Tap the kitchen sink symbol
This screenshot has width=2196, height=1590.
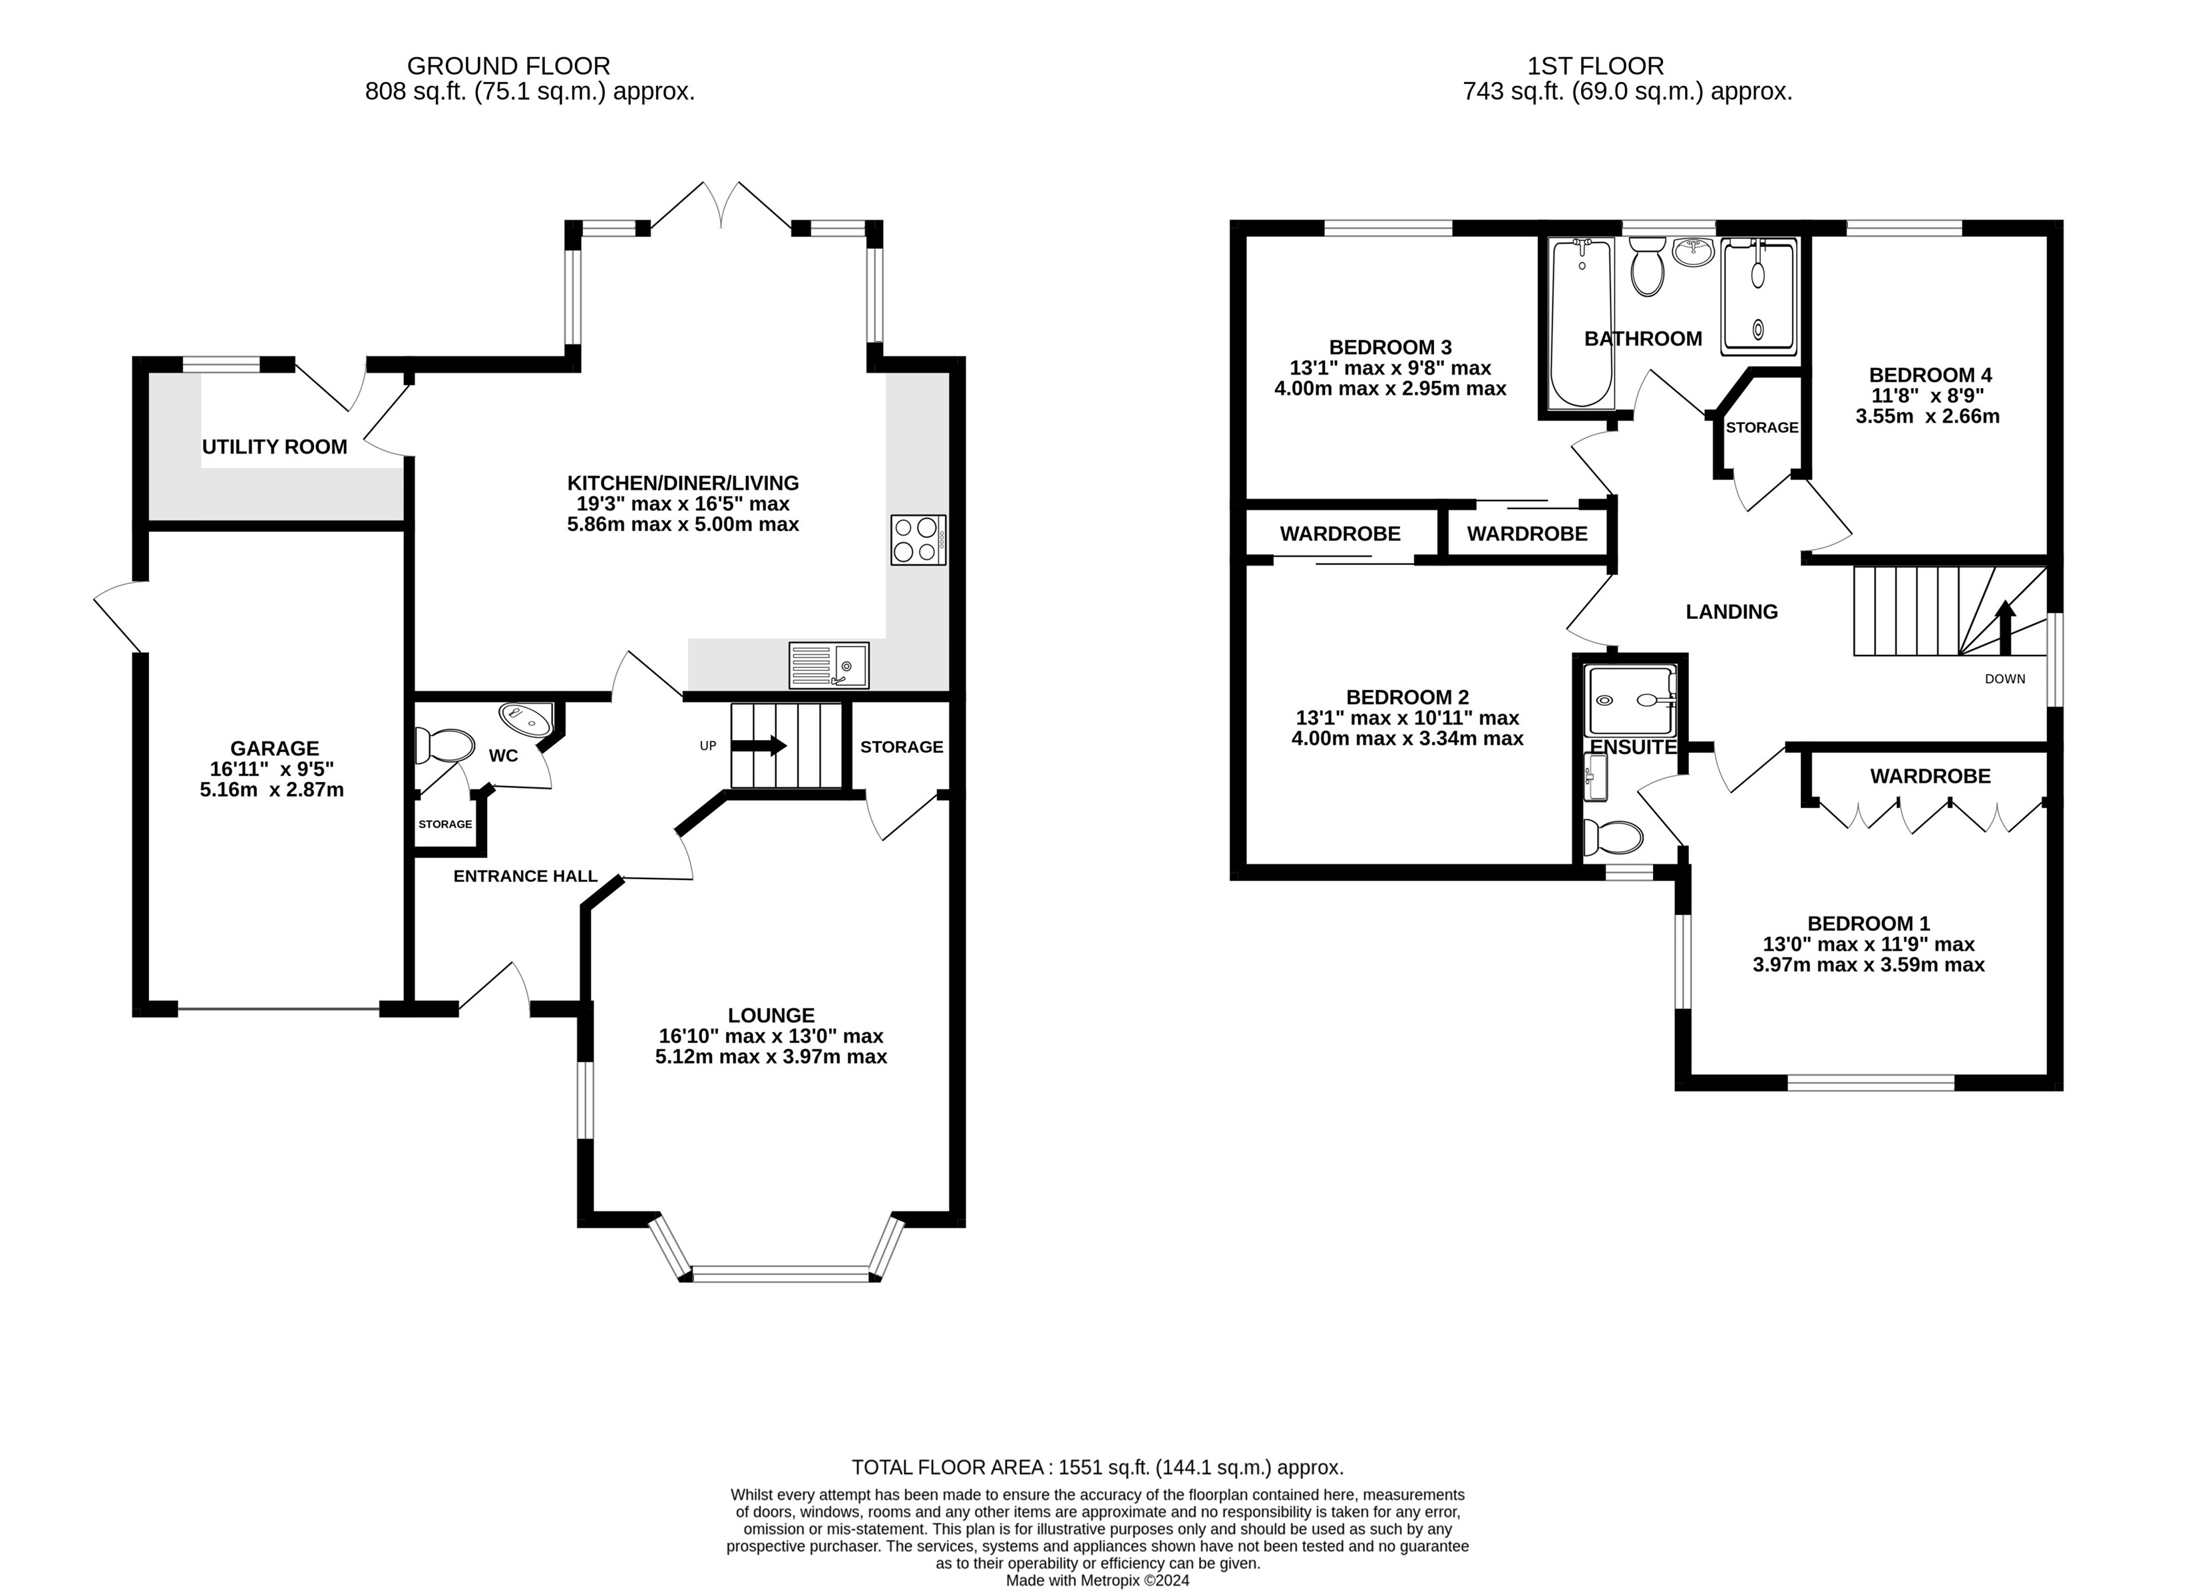[829, 666]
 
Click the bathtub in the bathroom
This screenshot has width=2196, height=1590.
[1581, 323]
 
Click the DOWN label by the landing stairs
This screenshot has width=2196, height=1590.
[2005, 679]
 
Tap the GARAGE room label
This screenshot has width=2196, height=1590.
[274, 749]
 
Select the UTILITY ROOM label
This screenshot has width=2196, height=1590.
[274, 447]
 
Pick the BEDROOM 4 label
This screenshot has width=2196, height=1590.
[1930, 375]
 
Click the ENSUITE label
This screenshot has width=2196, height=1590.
[1634, 747]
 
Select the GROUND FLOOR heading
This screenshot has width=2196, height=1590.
[508, 66]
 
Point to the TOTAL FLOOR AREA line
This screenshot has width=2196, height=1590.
[1097, 1467]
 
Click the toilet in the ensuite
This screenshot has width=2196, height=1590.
[1613, 837]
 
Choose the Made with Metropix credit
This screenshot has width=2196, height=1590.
[1097, 1580]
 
